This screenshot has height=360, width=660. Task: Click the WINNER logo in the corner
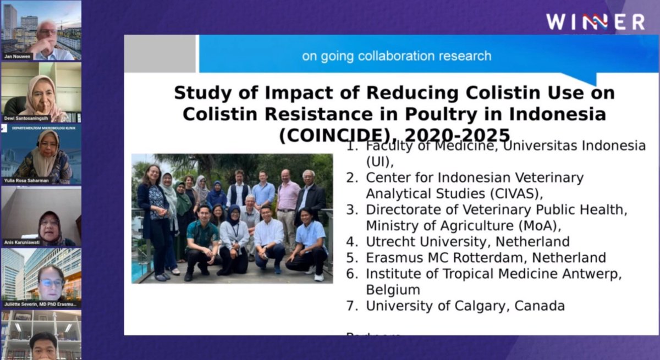tap(595, 22)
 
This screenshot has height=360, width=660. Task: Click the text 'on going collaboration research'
tap(397, 56)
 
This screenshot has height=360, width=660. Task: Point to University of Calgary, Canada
tap(465, 306)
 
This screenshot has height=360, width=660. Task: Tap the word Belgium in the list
tap(393, 290)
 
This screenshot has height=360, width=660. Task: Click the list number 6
tap(351, 274)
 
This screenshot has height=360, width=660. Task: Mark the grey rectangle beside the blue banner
tap(159, 54)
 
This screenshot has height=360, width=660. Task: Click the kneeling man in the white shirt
tap(269, 240)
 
